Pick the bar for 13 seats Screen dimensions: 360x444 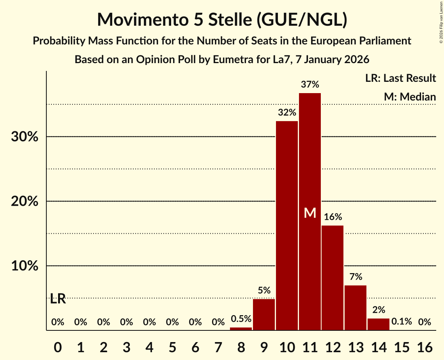356,308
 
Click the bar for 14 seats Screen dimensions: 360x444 379,324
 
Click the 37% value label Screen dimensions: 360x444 310,84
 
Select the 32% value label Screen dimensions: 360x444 287,113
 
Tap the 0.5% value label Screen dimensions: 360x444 241,319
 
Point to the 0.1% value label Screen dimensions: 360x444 402,322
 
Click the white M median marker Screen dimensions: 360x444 310,213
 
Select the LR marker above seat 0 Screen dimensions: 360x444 58,299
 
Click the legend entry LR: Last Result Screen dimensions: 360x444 400,78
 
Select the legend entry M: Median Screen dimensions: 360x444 410,97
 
